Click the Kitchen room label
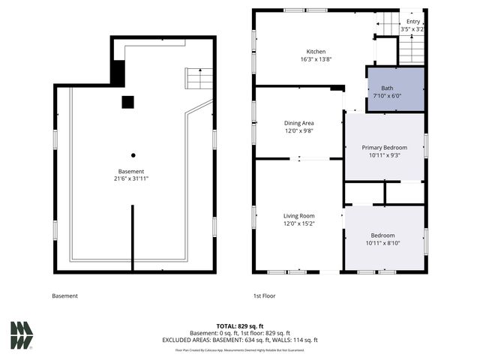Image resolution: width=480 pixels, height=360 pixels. click(x=295, y=52)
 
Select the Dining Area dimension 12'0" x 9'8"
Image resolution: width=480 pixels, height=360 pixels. click(x=298, y=130)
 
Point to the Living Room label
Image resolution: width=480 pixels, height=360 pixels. click(x=298, y=215)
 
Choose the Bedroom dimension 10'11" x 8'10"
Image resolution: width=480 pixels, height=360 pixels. click(x=383, y=243)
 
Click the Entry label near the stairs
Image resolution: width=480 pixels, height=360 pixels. click(x=414, y=22)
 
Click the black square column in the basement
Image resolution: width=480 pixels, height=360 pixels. click(x=128, y=102)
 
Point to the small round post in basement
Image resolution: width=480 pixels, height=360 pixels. click(x=133, y=155)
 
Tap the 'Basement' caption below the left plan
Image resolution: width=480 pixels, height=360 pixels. click(x=64, y=296)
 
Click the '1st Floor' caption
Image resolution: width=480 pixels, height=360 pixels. click(x=264, y=296)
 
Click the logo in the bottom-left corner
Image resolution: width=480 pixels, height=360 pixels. click(x=22, y=335)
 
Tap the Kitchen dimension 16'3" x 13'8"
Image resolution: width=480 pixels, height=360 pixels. click(x=295, y=58)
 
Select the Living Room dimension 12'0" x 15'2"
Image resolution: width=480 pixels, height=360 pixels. click(x=298, y=223)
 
